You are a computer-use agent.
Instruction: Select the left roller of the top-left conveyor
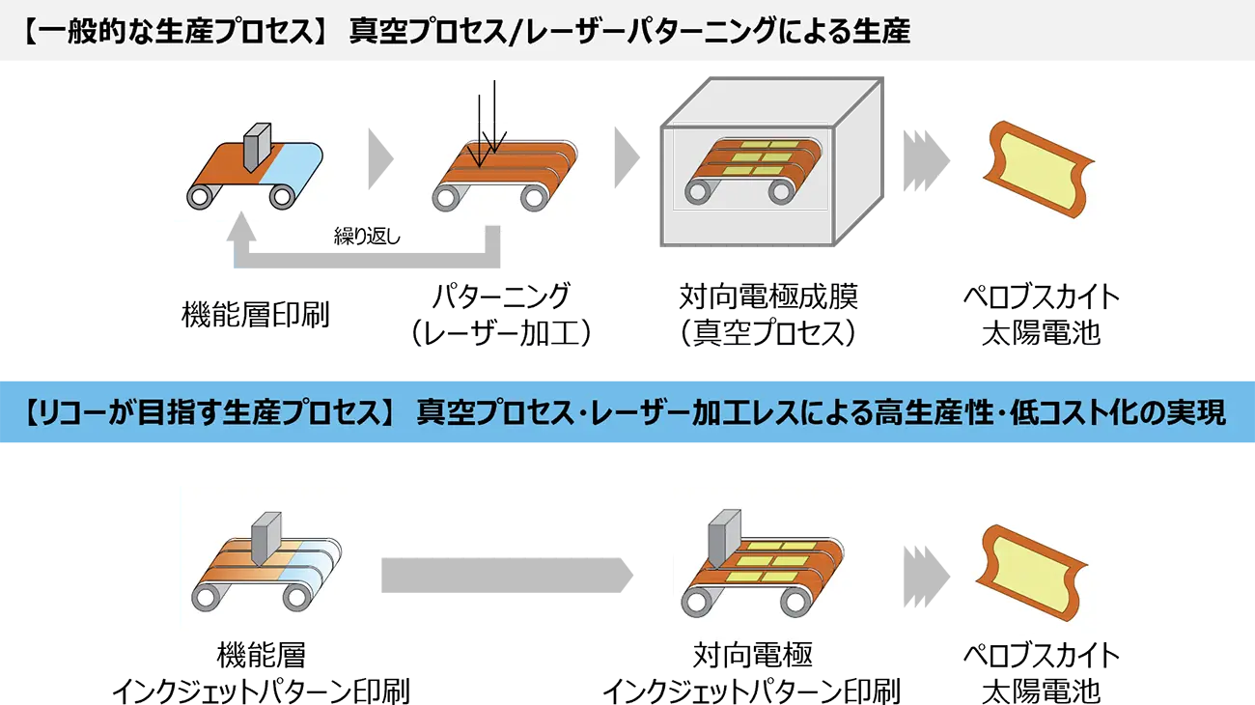click(200, 197)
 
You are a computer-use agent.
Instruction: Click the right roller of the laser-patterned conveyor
click(534, 197)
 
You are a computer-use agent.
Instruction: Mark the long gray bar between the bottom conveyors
click(524, 576)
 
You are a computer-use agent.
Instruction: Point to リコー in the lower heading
click(72, 413)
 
